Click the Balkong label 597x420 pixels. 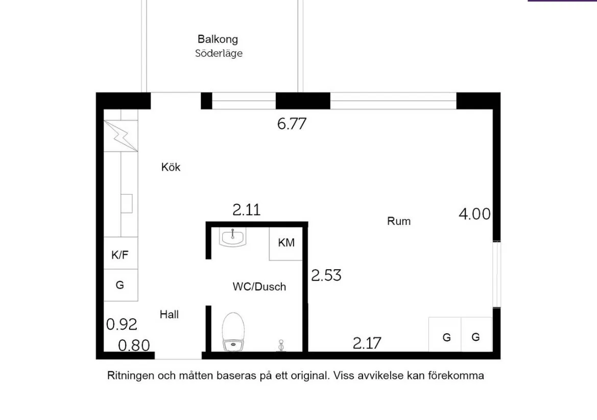click(218, 39)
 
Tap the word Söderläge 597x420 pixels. click(219, 53)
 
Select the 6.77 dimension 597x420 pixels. click(292, 124)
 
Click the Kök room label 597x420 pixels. click(171, 167)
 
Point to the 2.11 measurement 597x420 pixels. click(247, 210)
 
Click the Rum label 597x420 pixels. click(399, 221)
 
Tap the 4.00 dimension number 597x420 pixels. click(474, 214)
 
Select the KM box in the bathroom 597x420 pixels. click(286, 243)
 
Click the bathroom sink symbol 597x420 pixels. click(233, 238)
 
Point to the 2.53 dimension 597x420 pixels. click(326, 275)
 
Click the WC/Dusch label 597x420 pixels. click(259, 287)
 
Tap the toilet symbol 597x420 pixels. click(234, 332)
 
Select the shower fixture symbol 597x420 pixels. click(280, 346)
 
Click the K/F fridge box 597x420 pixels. click(120, 254)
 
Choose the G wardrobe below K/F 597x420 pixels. click(120, 285)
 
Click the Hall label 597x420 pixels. click(169, 315)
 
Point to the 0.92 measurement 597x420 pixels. click(122, 324)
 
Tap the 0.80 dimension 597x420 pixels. click(134, 346)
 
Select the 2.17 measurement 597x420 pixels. click(367, 343)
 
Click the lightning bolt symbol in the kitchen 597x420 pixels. click(122, 136)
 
